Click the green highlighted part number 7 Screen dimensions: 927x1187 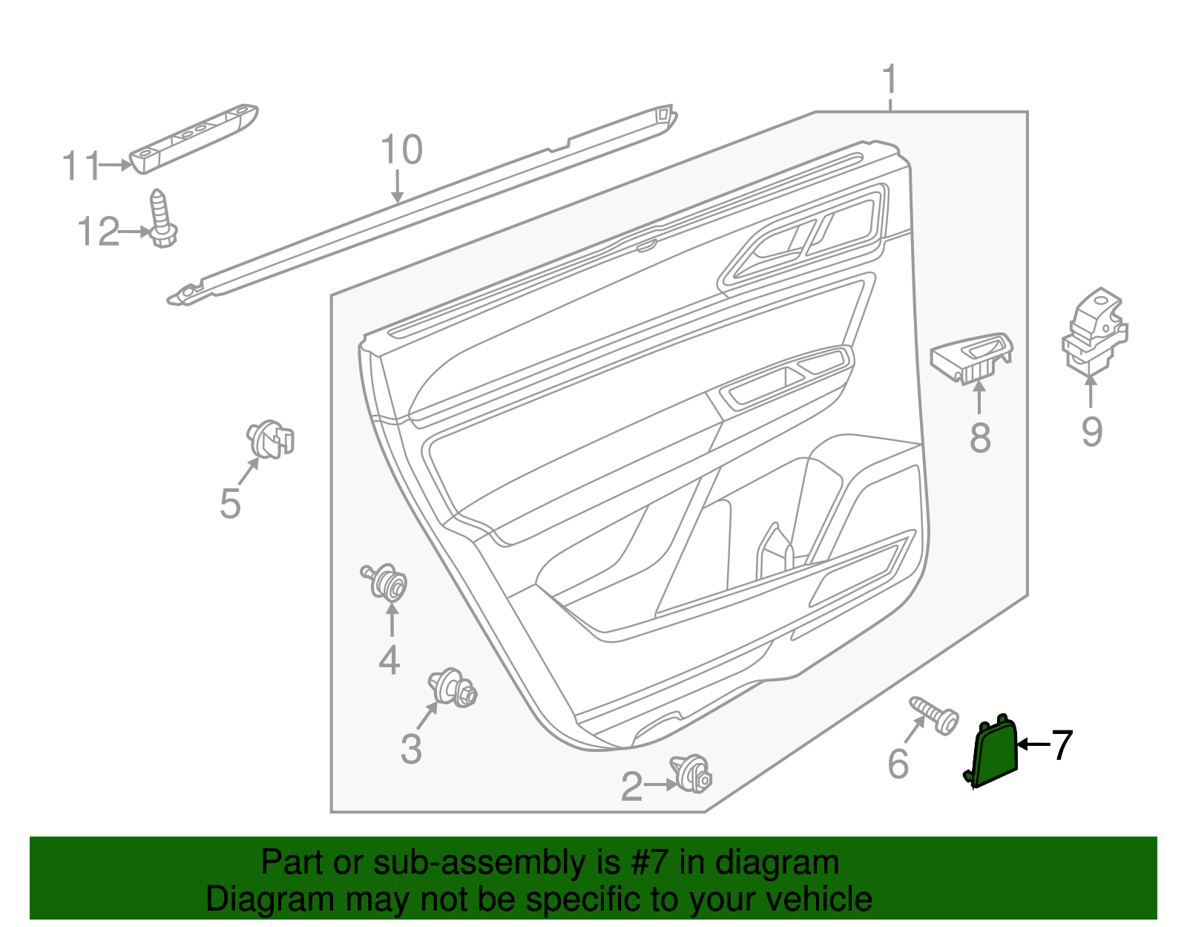pos(995,755)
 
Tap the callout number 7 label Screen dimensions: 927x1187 pos(1062,745)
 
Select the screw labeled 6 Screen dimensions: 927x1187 pos(935,715)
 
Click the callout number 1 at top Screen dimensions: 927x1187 pos(890,79)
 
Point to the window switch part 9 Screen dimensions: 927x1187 pos(1094,330)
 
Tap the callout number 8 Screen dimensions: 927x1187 pos(980,437)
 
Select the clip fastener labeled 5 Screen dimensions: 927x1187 pos(270,439)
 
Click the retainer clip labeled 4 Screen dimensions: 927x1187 pos(387,582)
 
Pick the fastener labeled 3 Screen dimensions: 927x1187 pos(453,687)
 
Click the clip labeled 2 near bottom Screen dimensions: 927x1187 pos(692,773)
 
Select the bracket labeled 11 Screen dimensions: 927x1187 pos(194,137)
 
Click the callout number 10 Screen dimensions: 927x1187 pos(401,150)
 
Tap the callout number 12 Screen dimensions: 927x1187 pos(98,232)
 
